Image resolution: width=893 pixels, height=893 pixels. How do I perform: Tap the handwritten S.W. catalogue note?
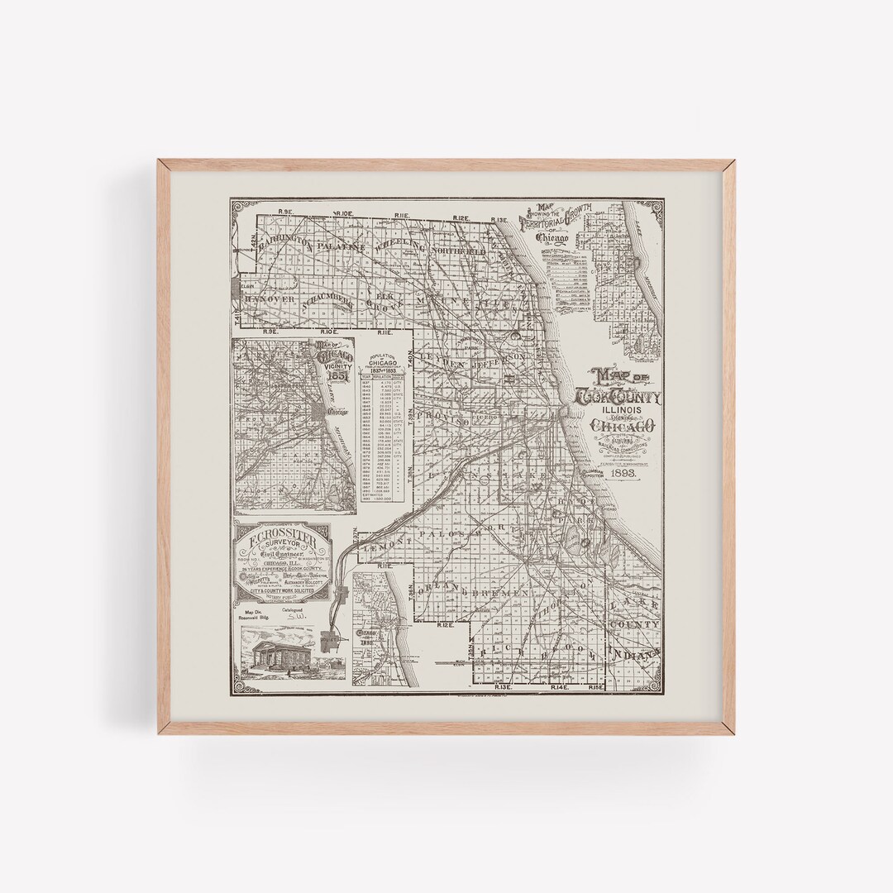pyautogui.click(x=295, y=616)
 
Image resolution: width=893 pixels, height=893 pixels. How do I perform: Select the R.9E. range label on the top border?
pyautogui.click(x=287, y=214)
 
